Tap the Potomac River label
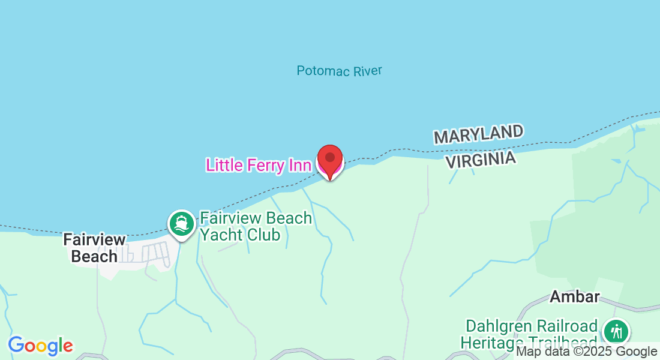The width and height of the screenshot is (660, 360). (x=339, y=71)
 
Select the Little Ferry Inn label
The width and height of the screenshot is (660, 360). (x=258, y=165)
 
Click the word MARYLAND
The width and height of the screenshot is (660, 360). (x=478, y=134)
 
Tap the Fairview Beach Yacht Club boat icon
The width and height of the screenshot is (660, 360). (x=181, y=224)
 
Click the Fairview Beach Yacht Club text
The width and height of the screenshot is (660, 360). (x=256, y=226)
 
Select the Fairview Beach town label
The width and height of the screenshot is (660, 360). (x=95, y=248)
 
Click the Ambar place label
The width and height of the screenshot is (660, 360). (x=575, y=296)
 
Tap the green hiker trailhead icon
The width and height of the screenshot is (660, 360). (x=616, y=331)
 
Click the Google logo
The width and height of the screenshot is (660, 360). (x=40, y=346)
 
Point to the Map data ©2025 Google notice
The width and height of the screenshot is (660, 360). (x=587, y=352)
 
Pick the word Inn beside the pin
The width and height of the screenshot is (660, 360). (x=299, y=165)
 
